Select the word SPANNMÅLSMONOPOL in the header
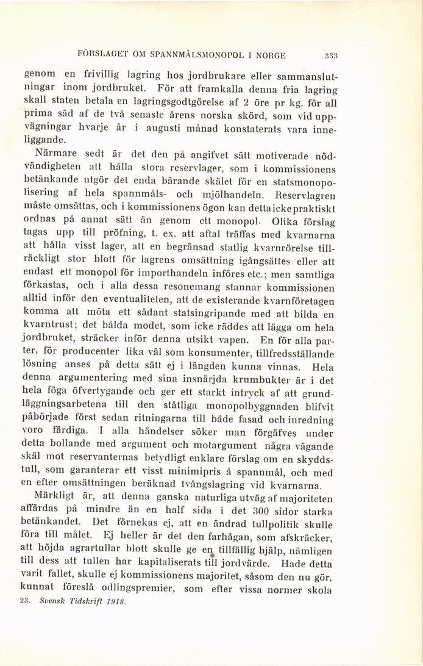point(187,54)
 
